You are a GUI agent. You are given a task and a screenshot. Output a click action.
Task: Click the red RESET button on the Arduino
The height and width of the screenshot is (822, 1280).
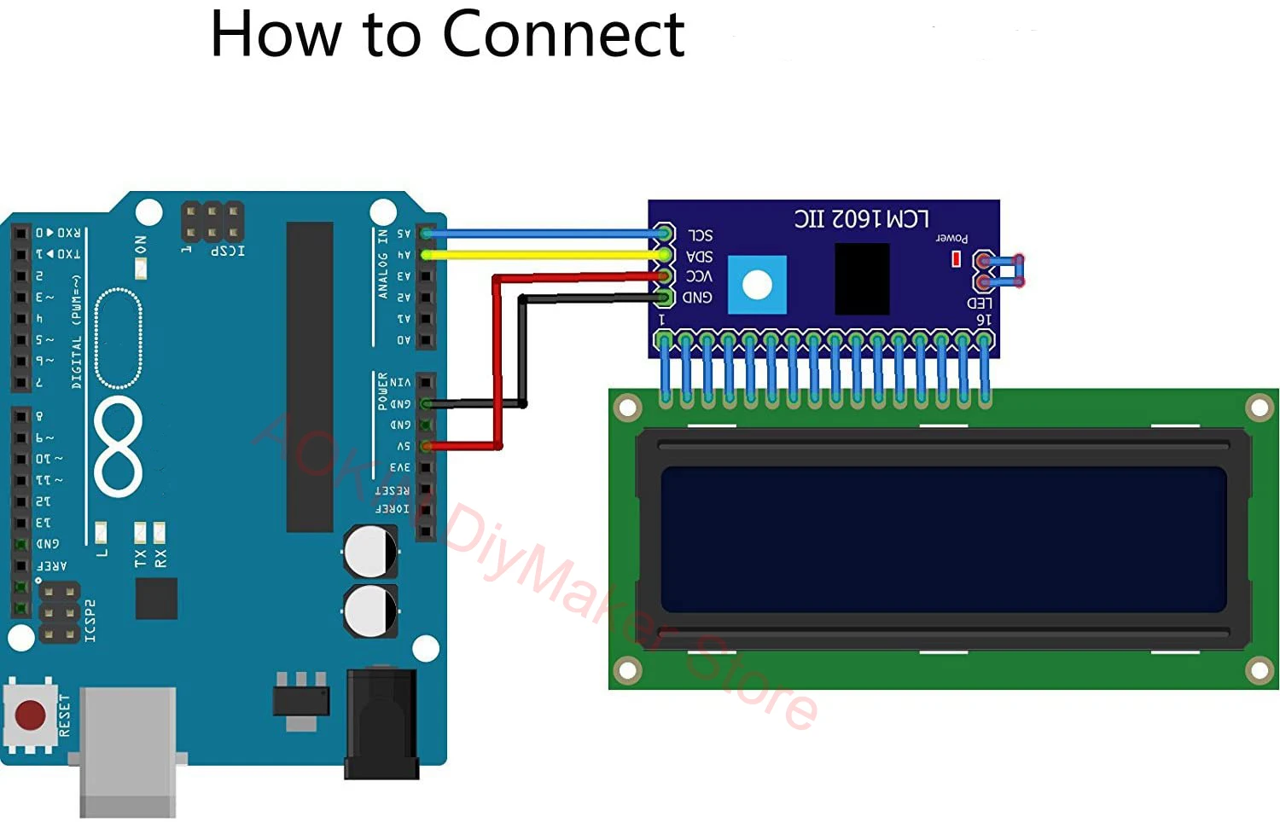(31, 715)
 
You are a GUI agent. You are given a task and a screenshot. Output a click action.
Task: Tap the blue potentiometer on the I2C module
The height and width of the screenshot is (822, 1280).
(757, 285)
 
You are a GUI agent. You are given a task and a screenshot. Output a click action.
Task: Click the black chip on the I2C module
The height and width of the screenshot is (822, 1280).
(862, 279)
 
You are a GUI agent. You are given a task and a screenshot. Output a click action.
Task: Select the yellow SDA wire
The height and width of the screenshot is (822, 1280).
(546, 254)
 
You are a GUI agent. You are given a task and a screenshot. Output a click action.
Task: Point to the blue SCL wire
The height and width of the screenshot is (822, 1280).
(546, 233)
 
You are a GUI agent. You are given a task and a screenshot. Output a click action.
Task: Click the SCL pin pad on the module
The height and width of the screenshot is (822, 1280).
(664, 234)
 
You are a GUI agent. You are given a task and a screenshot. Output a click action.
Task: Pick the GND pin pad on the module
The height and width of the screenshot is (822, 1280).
(664, 297)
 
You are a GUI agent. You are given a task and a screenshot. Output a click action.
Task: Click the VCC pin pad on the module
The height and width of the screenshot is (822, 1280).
(664, 275)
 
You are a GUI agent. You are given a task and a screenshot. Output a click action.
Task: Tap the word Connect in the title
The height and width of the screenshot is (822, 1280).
(563, 36)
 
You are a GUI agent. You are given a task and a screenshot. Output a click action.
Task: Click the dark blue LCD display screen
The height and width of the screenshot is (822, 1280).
(943, 539)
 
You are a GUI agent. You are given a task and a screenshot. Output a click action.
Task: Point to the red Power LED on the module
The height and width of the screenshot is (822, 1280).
(957, 258)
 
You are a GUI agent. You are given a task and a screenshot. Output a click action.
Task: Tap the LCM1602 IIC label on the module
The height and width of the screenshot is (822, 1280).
(861, 219)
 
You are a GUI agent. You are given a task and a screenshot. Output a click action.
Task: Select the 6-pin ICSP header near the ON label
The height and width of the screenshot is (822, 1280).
(212, 222)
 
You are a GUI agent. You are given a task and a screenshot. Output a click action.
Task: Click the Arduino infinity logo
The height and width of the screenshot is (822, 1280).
(118, 446)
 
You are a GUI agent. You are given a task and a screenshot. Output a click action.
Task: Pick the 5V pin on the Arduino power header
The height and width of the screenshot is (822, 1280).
(425, 446)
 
